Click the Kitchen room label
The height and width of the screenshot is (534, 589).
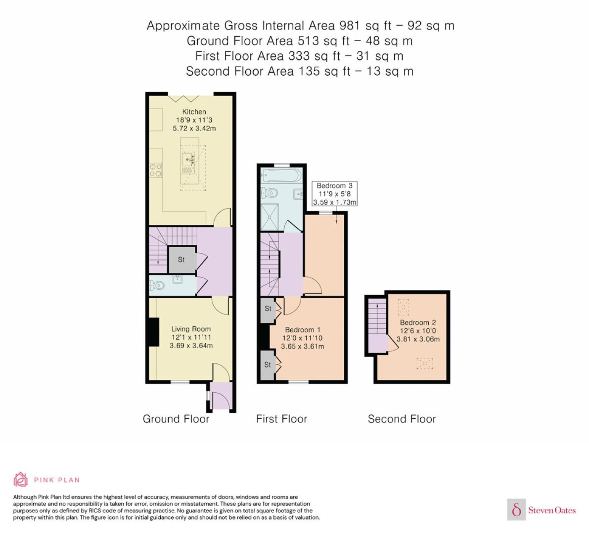(x=194, y=112)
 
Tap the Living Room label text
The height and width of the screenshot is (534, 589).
(x=191, y=329)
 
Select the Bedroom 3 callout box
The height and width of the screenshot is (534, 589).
(x=334, y=194)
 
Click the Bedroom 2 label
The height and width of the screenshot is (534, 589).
(x=418, y=323)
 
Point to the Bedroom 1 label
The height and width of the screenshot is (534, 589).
(x=302, y=330)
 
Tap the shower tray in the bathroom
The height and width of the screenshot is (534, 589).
(x=270, y=217)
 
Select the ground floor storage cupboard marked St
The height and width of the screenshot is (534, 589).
(x=181, y=260)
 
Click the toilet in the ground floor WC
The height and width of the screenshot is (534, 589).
(x=157, y=285)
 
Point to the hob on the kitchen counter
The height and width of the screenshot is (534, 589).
(x=156, y=170)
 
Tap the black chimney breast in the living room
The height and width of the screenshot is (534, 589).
(x=153, y=332)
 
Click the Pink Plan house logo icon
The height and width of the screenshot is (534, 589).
(x=21, y=480)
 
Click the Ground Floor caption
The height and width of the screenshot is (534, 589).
(x=176, y=419)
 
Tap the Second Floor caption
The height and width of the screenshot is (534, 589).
(x=402, y=419)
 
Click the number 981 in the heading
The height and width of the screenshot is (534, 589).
(x=350, y=26)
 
